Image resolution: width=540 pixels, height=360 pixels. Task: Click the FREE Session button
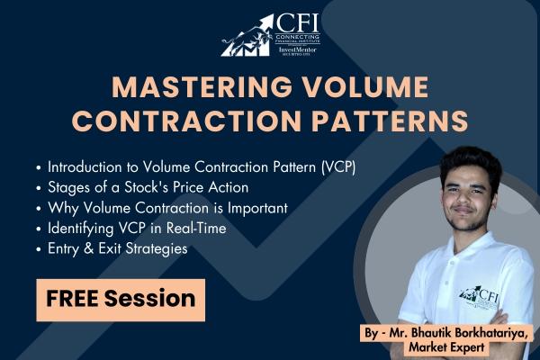[121, 298]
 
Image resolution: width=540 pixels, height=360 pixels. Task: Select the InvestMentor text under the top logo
[297, 49]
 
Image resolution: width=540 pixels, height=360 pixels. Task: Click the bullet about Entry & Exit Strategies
[117, 248]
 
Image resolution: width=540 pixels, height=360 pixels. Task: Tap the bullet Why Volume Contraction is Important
[166, 208]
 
